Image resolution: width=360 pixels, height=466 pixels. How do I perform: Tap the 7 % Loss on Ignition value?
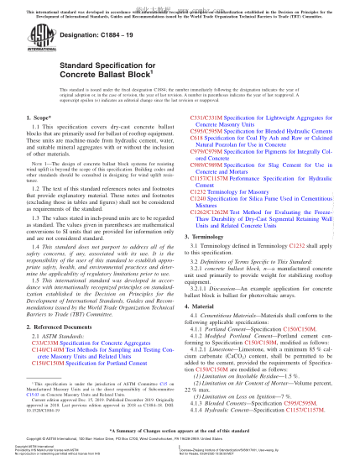tap(290, 394)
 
